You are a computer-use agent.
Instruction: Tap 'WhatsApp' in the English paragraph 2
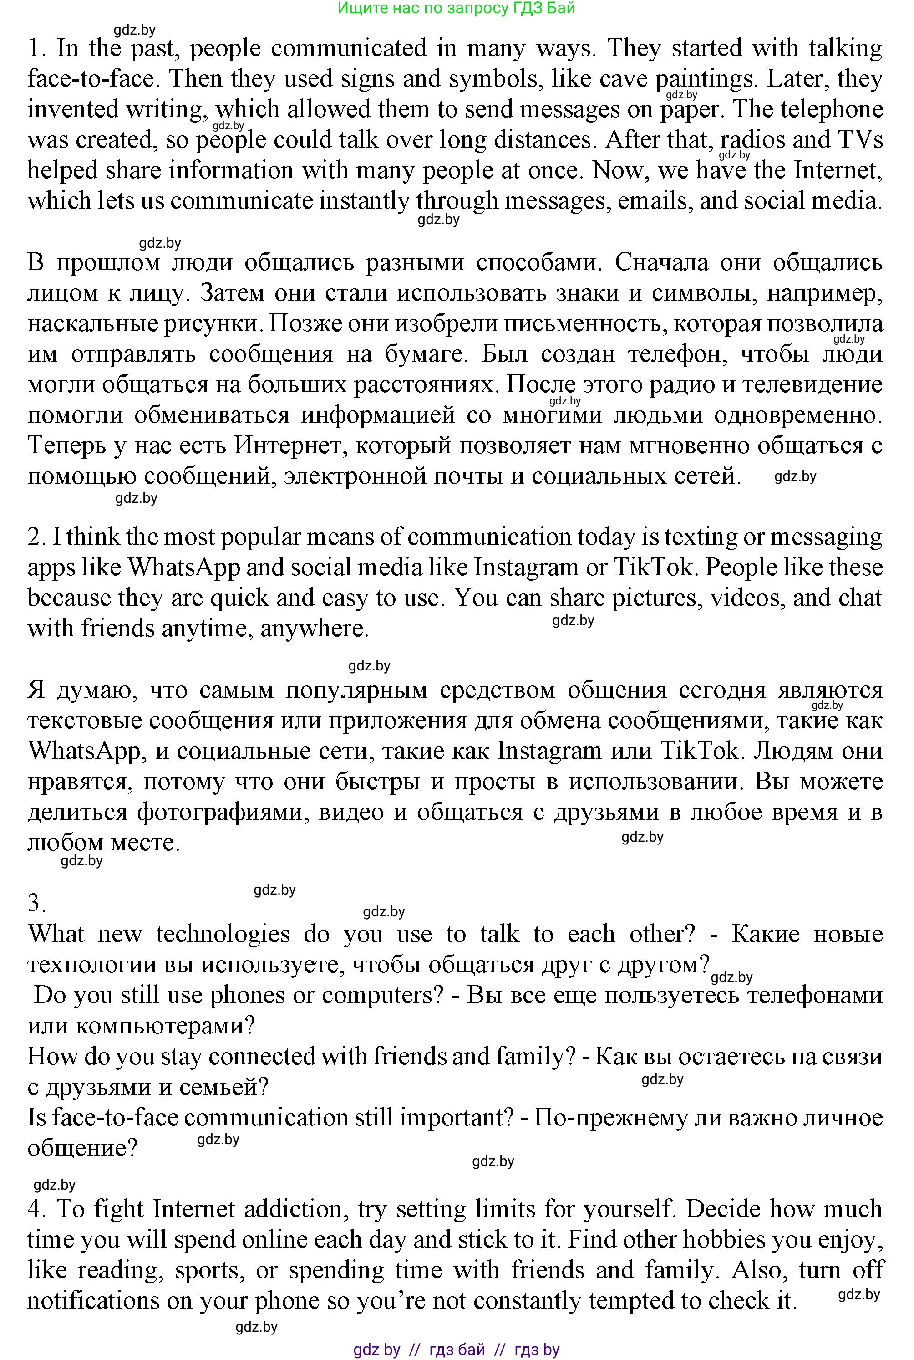[x=183, y=568]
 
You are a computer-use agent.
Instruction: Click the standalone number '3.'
[x=37, y=903]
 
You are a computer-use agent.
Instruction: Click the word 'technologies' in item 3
[x=223, y=934]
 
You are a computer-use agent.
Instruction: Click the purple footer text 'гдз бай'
[x=457, y=1349]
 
